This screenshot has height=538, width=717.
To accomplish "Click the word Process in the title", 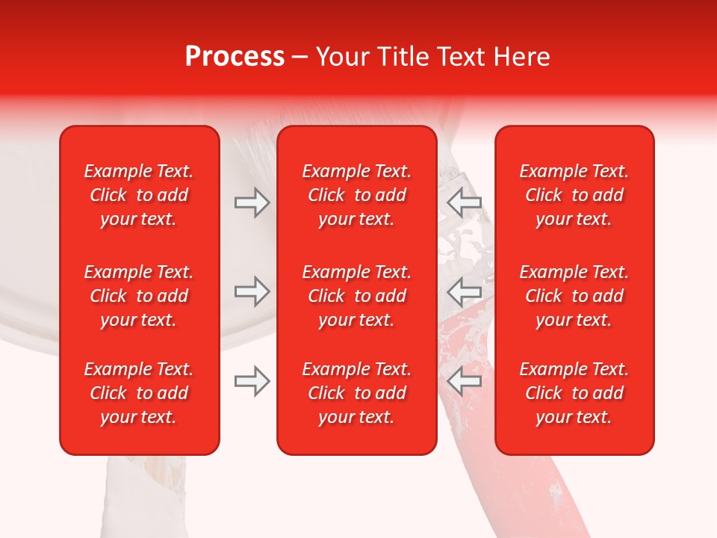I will [235, 57].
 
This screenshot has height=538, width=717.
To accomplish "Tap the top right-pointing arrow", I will [252, 202].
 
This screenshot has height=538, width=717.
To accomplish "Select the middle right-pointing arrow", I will [252, 291].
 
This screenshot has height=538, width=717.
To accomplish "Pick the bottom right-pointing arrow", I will [252, 381].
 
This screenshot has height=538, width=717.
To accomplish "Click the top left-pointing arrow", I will [464, 202].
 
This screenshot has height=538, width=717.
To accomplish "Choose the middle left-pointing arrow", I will [464, 291].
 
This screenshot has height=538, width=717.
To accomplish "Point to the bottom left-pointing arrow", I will [464, 381].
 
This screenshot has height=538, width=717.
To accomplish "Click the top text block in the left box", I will [139, 195].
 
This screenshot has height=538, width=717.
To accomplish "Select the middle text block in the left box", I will [139, 296].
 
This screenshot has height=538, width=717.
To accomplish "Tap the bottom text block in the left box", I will [139, 393].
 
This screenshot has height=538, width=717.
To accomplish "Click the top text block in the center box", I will [357, 195].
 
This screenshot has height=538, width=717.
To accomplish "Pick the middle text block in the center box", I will [357, 296].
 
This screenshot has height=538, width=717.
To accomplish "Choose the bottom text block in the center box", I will [357, 393].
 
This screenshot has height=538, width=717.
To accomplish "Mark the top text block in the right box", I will [574, 195].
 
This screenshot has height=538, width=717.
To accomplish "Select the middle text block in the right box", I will [574, 296].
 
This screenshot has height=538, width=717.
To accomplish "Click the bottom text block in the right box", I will [574, 393].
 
